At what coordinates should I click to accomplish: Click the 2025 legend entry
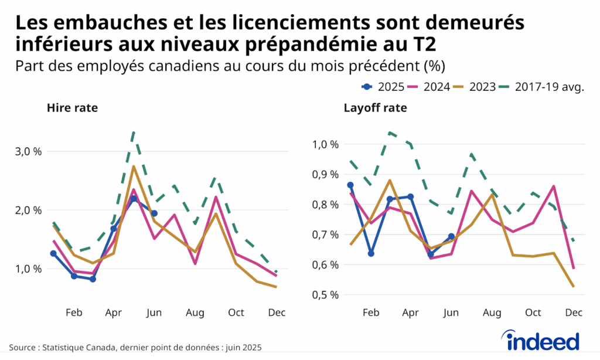click(x=383, y=87)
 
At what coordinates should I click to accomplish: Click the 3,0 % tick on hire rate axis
click(x=28, y=151)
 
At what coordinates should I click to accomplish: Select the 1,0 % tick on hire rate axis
click(x=28, y=269)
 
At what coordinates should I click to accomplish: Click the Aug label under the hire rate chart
click(x=195, y=313)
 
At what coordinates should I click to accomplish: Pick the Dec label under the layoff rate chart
click(x=574, y=313)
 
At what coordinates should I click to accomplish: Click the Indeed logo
click(x=541, y=341)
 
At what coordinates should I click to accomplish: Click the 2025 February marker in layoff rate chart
click(x=371, y=254)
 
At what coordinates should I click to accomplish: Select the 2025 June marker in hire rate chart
click(x=154, y=213)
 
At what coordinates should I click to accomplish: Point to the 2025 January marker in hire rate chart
click(x=53, y=253)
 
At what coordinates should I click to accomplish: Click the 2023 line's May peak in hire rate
click(x=134, y=167)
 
